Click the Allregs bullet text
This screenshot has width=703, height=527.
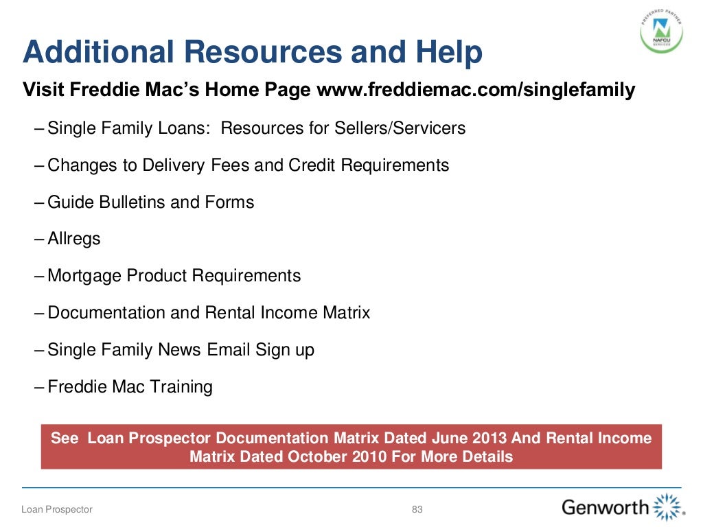74,239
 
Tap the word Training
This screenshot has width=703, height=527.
180,387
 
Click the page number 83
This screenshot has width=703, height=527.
417,509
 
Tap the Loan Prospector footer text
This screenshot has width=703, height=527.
57,509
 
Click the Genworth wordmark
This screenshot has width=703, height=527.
605,508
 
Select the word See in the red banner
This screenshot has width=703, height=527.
65,438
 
